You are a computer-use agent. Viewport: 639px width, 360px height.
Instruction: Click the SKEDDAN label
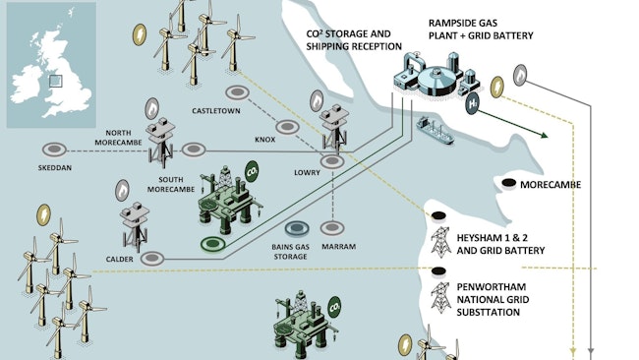(55, 167)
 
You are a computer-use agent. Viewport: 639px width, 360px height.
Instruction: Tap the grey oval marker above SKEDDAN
(54, 150)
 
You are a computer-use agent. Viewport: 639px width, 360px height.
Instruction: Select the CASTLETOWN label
(216, 111)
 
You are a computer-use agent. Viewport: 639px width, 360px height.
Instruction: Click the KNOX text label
(264, 140)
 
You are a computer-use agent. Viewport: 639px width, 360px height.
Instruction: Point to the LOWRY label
(307, 173)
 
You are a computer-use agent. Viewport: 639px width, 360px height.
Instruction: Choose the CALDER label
(119, 260)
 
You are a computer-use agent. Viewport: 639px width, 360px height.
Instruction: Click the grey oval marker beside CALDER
(152, 259)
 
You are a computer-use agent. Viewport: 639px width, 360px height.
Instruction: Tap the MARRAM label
(338, 247)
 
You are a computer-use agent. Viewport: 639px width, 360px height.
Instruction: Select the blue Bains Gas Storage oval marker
(297, 229)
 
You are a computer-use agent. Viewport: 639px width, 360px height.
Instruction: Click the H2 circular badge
(472, 103)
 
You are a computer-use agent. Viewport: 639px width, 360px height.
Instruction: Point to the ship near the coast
(435, 130)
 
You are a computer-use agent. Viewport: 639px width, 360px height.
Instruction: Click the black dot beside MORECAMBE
(508, 184)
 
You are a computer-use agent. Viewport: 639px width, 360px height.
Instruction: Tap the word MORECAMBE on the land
(551, 185)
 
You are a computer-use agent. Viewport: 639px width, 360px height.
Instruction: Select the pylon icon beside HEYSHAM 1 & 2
(440, 241)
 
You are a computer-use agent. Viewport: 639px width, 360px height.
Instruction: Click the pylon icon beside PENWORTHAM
(441, 298)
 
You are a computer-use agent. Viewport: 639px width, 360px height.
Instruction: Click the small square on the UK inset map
(56, 81)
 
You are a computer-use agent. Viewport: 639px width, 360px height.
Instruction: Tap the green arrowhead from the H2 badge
(544, 136)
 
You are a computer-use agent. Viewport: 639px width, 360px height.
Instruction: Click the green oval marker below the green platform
(212, 244)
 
